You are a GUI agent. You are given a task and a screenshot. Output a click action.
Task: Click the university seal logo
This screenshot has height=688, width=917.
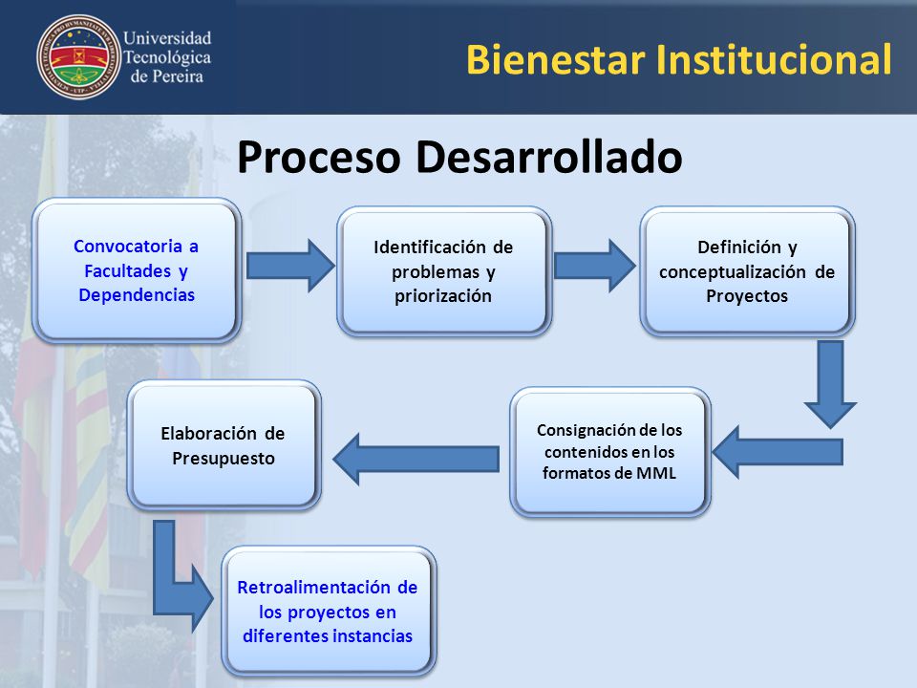(x=78, y=57)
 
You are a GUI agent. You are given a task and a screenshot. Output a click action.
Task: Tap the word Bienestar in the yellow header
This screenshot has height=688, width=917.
(x=556, y=59)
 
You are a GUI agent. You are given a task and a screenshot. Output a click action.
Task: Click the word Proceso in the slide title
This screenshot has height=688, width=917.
(x=319, y=157)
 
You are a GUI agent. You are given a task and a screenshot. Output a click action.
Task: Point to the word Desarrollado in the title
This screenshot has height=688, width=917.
(x=549, y=157)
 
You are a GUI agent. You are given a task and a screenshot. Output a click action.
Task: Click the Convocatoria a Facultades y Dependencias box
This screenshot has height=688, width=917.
(x=137, y=270)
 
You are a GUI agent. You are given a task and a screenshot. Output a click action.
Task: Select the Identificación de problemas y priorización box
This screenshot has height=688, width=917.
(x=444, y=271)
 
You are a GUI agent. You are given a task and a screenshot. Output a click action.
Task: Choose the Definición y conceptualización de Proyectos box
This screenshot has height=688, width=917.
(x=747, y=271)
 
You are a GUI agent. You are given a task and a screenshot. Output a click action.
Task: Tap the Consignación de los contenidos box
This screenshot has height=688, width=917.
(x=610, y=452)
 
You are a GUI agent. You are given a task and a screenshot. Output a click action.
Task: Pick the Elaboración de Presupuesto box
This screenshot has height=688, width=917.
(x=224, y=445)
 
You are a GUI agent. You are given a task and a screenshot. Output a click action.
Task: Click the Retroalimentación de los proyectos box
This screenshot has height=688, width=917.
(x=328, y=612)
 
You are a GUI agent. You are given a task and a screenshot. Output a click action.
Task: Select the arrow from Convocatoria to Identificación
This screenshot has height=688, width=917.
(x=290, y=266)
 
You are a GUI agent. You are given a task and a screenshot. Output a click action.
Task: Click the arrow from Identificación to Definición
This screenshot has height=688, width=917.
(x=594, y=266)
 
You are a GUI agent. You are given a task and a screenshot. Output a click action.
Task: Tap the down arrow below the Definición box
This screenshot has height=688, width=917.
(x=830, y=384)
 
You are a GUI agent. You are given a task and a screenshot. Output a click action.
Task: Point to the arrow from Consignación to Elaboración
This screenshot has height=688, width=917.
(x=416, y=459)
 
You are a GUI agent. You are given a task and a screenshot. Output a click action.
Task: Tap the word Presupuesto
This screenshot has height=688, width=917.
(x=224, y=458)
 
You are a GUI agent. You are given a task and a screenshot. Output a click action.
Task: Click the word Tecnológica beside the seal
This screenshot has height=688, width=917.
(x=167, y=58)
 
